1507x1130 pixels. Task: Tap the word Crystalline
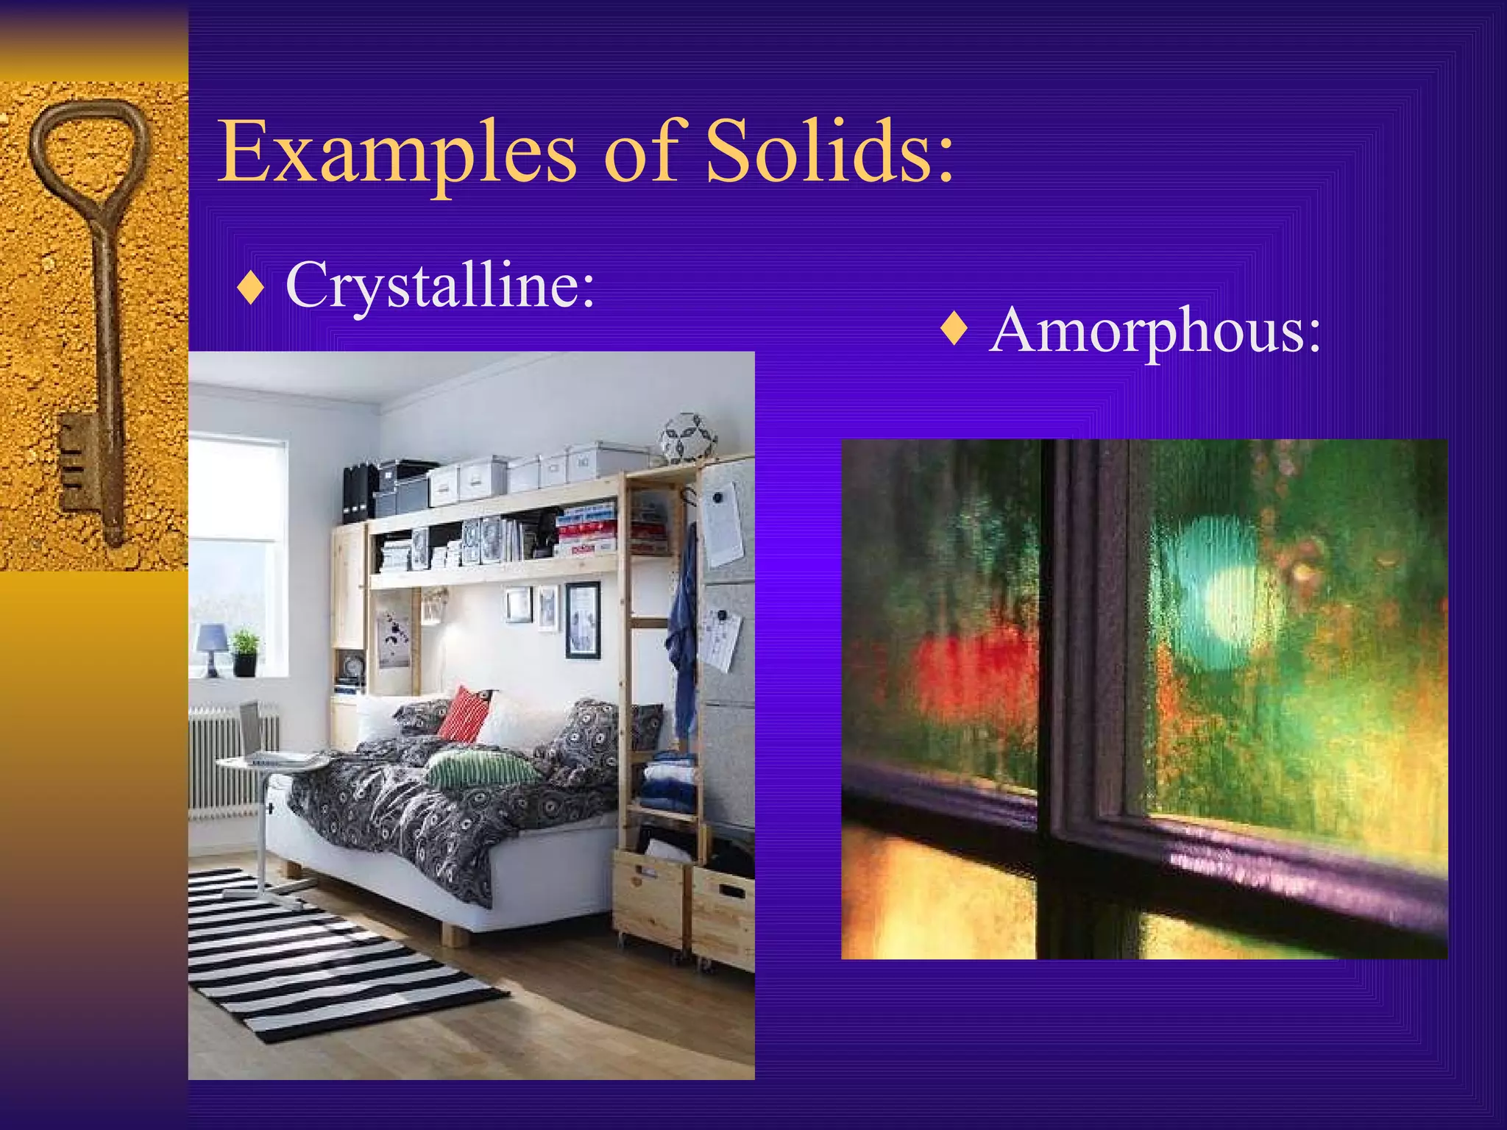(439, 285)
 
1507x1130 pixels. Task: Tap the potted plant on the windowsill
(245, 650)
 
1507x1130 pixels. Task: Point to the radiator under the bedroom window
(228, 758)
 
